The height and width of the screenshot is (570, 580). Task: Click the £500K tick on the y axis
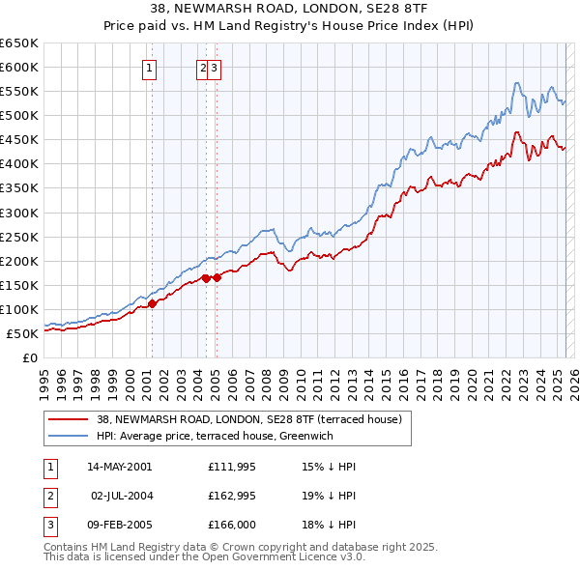[x=19, y=116]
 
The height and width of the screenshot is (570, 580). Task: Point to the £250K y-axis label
[x=19, y=237]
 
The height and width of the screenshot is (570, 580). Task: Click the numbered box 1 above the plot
[x=151, y=68]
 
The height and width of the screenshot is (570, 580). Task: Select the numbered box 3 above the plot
[x=214, y=68]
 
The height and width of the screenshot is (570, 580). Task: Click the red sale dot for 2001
[x=152, y=303]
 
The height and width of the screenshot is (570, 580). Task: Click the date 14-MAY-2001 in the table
[x=119, y=467]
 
